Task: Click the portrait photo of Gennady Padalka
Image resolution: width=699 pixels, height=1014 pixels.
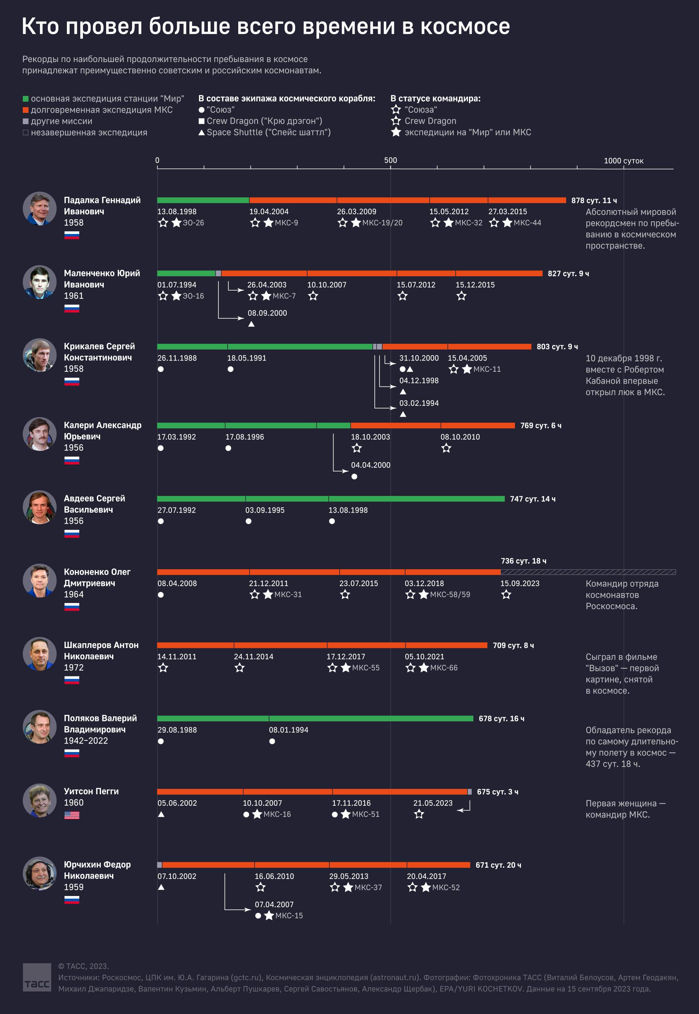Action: point(39,208)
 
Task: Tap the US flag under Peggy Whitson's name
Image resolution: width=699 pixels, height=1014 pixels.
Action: point(72,815)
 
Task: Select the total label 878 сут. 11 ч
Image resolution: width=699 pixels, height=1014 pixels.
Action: point(594,201)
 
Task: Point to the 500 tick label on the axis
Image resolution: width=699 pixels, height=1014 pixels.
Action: point(390,160)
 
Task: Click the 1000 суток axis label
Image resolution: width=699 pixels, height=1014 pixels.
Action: point(623,161)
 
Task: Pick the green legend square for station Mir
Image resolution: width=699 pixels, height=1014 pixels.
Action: point(25,99)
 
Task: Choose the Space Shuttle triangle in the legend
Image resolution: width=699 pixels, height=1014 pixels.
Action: point(201,132)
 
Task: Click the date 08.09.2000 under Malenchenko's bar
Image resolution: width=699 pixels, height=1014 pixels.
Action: point(267,313)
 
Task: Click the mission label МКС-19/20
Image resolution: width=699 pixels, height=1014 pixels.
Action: point(382,223)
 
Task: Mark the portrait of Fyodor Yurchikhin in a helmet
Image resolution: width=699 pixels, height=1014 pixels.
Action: point(39,873)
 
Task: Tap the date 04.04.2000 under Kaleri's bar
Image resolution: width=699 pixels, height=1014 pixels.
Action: point(371,465)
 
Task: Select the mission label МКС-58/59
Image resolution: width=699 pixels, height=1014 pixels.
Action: point(450,594)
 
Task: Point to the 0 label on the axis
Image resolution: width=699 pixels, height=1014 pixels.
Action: point(157,160)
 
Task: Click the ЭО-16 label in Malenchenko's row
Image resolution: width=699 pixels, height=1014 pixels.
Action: point(193,296)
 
